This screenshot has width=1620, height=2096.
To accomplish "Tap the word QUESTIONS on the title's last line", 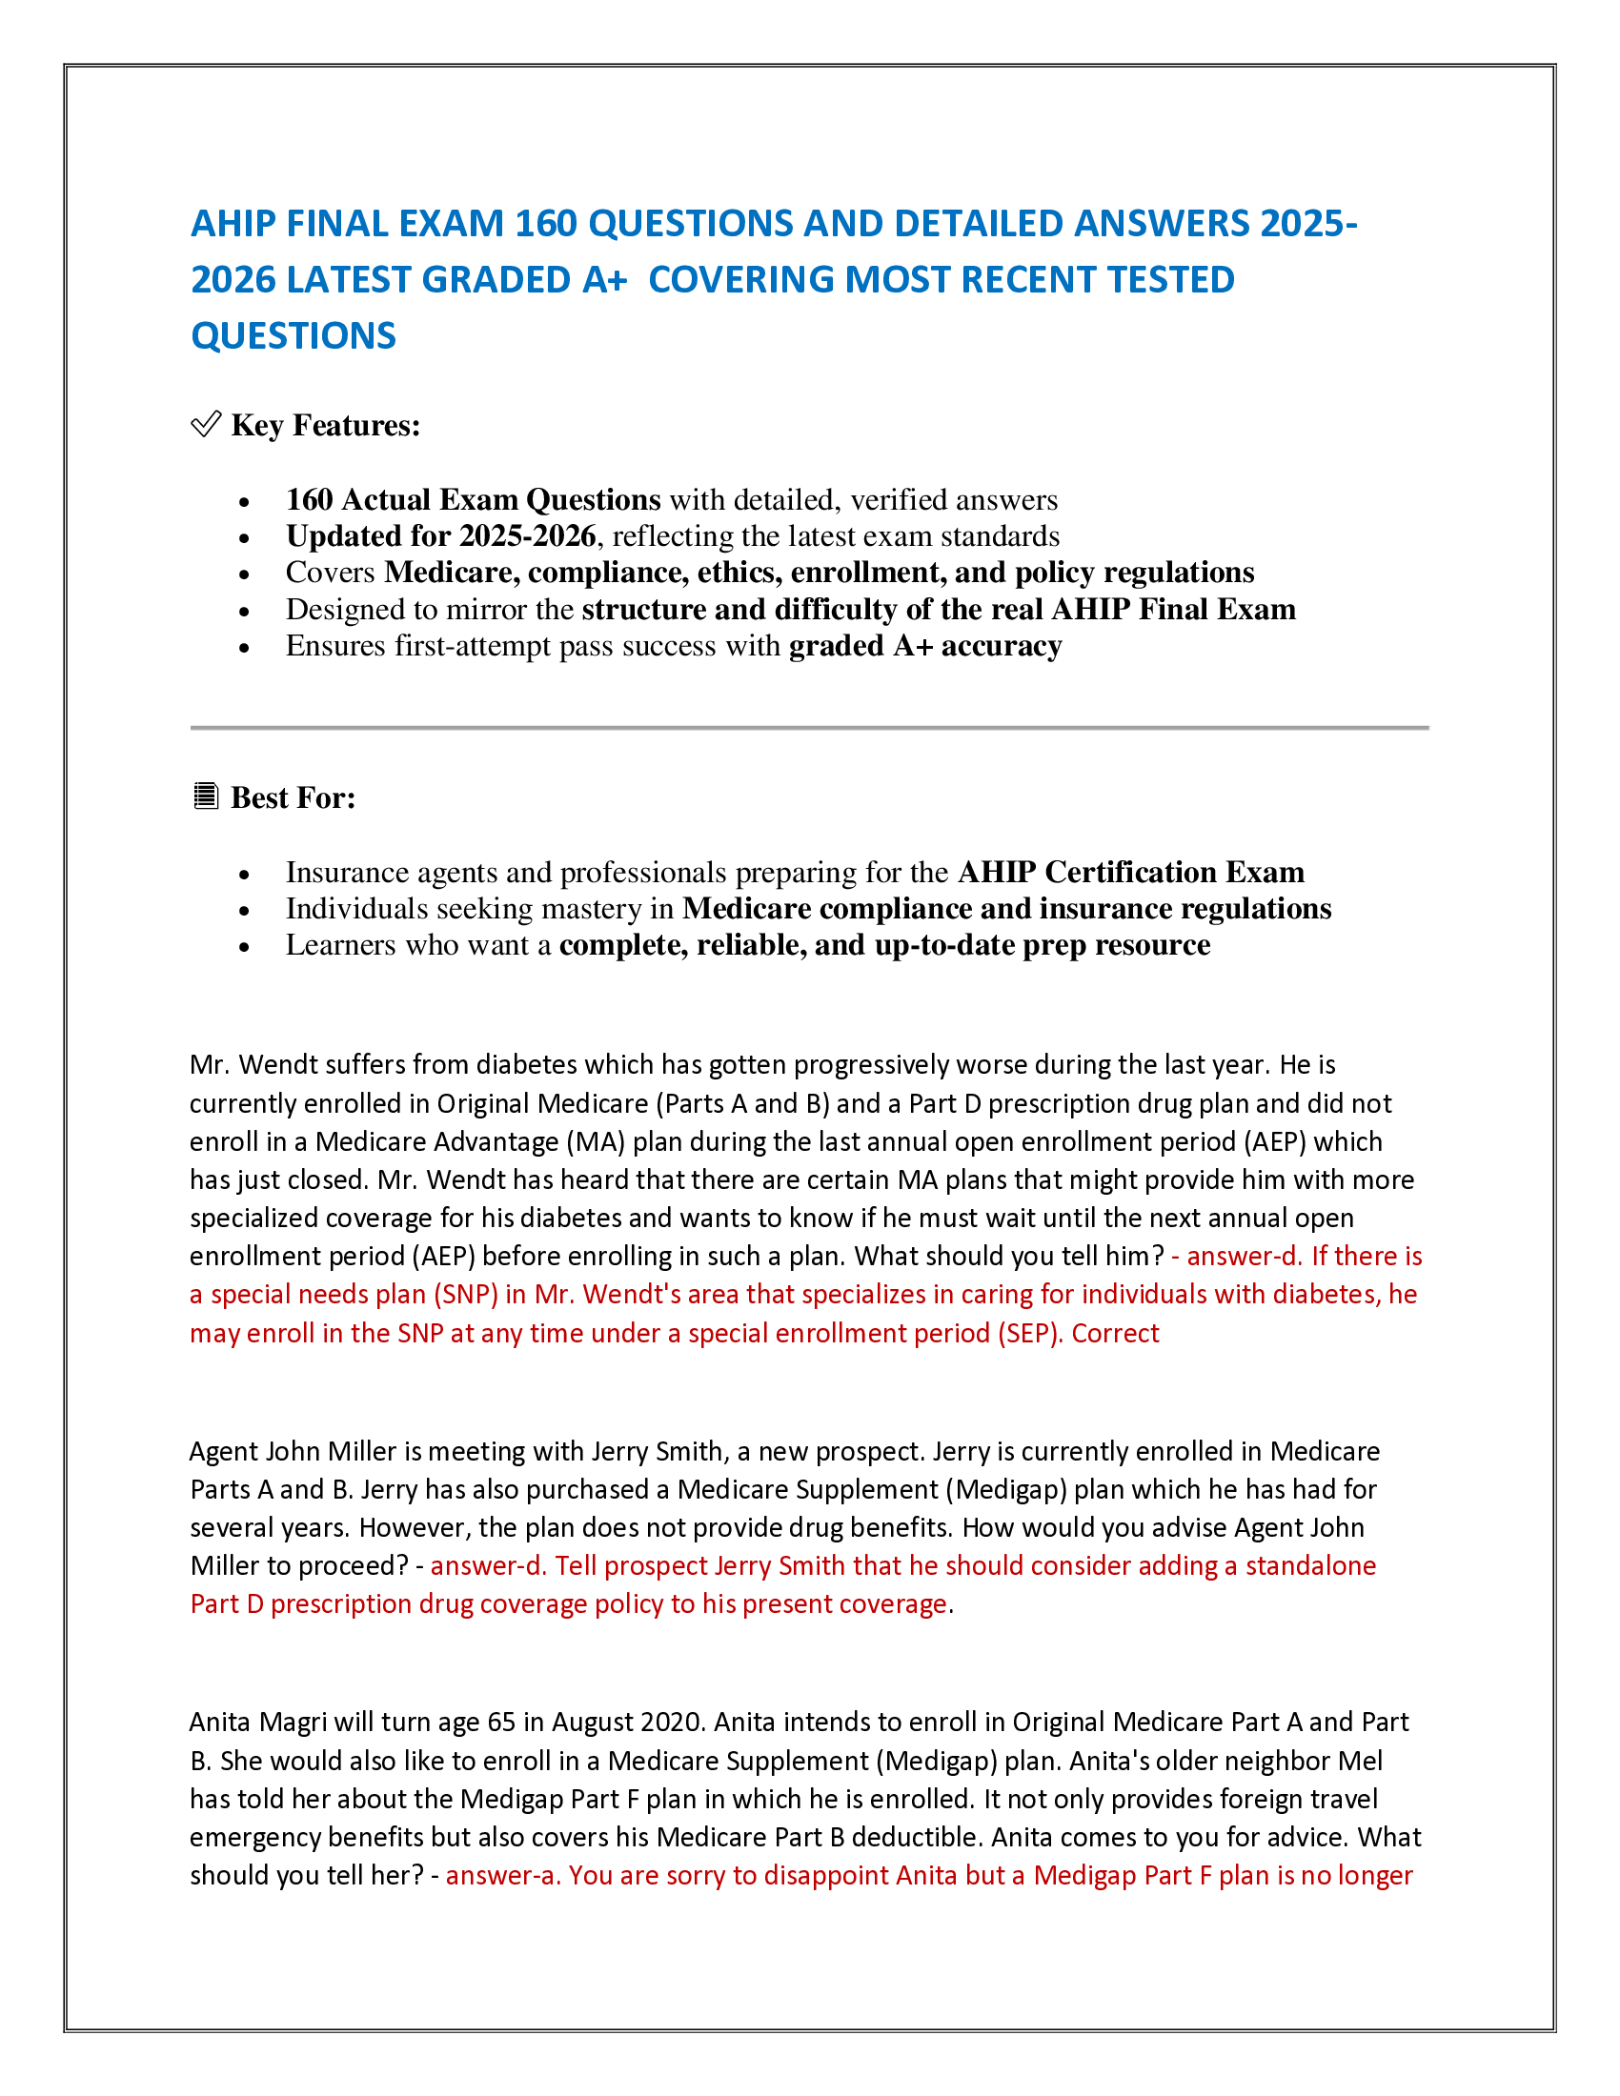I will pyautogui.click(x=293, y=336).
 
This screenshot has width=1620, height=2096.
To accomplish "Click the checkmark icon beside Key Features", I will pyautogui.click(x=206, y=424).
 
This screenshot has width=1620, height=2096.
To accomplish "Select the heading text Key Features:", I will pyautogui.click(x=325, y=425).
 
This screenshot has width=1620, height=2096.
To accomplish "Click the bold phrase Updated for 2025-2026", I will pyautogui.click(x=440, y=535).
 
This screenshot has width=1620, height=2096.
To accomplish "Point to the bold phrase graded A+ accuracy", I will pyautogui.click(x=924, y=646).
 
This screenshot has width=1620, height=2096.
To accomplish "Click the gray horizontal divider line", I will pyautogui.click(x=809, y=728).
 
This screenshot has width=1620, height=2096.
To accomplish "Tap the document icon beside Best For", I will pyautogui.click(x=206, y=796).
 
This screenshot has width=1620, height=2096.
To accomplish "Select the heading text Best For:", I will pyautogui.click(x=293, y=797).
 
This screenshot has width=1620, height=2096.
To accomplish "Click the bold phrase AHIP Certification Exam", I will pyautogui.click(x=1130, y=872).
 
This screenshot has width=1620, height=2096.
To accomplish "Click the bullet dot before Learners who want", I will pyautogui.click(x=245, y=947).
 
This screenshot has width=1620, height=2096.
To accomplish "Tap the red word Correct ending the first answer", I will pyautogui.click(x=1115, y=1334).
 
